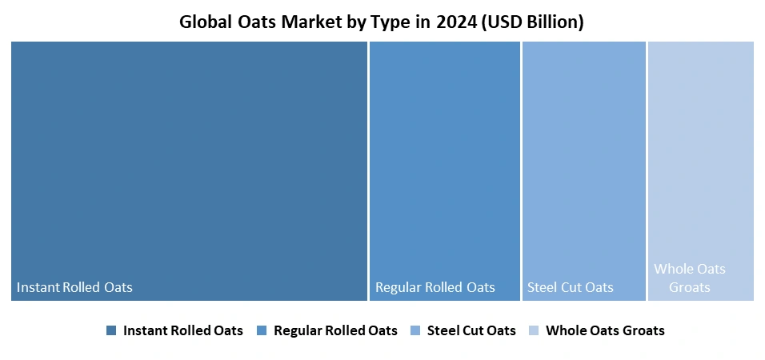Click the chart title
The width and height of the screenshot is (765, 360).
(x=381, y=22)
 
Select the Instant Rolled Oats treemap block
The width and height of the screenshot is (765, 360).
(x=189, y=160)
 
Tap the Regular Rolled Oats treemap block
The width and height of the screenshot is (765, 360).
(x=444, y=160)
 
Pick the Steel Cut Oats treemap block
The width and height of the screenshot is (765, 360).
(x=583, y=160)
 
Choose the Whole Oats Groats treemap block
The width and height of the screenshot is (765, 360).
(x=700, y=160)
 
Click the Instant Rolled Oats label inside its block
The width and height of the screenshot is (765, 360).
(x=74, y=287)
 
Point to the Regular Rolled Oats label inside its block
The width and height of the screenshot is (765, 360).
(x=435, y=287)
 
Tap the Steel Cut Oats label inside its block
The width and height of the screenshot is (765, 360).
(x=571, y=287)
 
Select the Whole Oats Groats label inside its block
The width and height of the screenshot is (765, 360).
(x=690, y=278)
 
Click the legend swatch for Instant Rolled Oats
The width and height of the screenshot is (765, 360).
(x=111, y=330)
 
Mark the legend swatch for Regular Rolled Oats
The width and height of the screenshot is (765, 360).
(x=262, y=330)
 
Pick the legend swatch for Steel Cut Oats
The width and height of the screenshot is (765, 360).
(x=415, y=330)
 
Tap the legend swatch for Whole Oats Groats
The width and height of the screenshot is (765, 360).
(x=533, y=330)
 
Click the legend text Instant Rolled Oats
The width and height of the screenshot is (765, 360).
(x=182, y=330)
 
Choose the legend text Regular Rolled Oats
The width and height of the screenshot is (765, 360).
(x=335, y=330)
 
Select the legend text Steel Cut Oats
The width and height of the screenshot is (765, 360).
(x=471, y=330)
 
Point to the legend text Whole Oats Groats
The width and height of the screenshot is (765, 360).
(x=605, y=330)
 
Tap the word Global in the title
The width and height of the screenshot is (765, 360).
(x=206, y=22)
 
